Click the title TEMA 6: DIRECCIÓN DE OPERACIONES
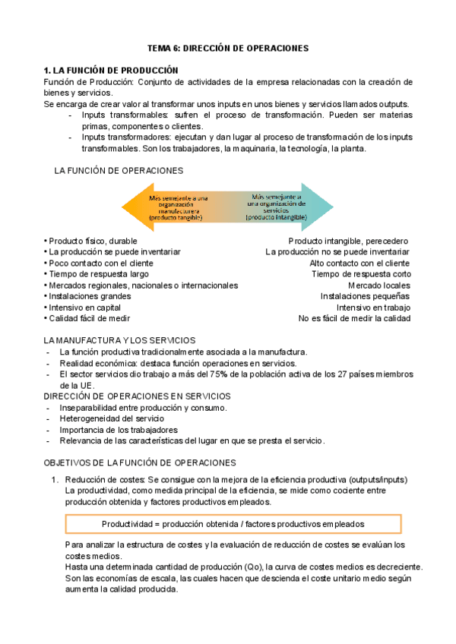[228, 48]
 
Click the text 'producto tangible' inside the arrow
[176, 217]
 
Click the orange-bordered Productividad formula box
[233, 524]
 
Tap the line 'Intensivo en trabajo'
[373, 308]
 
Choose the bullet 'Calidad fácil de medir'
[90, 319]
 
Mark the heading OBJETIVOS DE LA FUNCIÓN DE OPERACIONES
[140, 462]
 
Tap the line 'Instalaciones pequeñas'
[365, 296]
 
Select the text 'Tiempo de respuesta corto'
[361, 273]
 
